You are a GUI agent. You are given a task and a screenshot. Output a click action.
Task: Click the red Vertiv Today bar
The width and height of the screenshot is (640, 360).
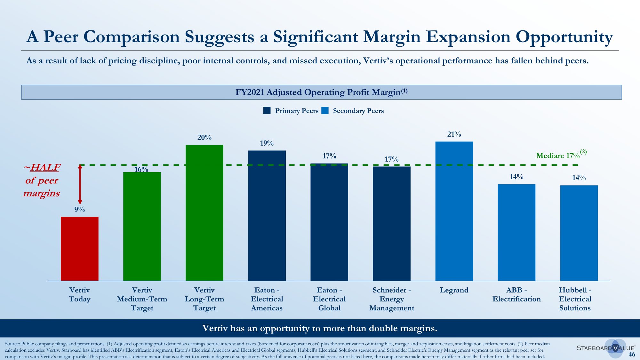80,249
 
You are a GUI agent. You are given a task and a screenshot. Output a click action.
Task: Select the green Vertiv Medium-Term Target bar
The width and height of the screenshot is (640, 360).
142,226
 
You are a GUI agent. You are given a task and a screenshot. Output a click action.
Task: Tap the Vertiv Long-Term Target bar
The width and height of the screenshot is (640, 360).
204,213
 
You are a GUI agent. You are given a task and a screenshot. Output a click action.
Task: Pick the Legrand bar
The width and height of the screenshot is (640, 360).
454,211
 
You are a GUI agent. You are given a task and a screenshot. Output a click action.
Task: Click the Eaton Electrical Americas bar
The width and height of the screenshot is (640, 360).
267,215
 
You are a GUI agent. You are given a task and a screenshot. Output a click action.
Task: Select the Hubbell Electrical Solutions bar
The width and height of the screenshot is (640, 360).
579,233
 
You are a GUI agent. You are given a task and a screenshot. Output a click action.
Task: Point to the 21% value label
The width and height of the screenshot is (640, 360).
454,134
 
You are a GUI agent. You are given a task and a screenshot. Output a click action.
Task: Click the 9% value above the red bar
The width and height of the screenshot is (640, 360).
79,210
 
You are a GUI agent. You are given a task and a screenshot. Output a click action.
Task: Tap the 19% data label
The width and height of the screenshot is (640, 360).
267,143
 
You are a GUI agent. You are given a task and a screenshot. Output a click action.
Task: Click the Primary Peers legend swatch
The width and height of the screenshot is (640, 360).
267,111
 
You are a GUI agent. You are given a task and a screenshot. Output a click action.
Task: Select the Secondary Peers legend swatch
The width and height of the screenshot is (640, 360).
325,111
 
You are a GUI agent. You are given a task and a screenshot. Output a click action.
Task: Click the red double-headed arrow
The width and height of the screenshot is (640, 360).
80,185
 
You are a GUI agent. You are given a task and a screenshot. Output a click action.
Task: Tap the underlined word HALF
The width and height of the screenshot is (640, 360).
45,168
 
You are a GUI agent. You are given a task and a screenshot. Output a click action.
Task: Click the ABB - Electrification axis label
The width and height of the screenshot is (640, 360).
516,295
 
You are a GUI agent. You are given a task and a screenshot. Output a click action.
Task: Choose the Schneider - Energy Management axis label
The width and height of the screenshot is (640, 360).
392,299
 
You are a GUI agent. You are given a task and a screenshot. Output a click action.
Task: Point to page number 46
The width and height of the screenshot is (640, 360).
632,354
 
